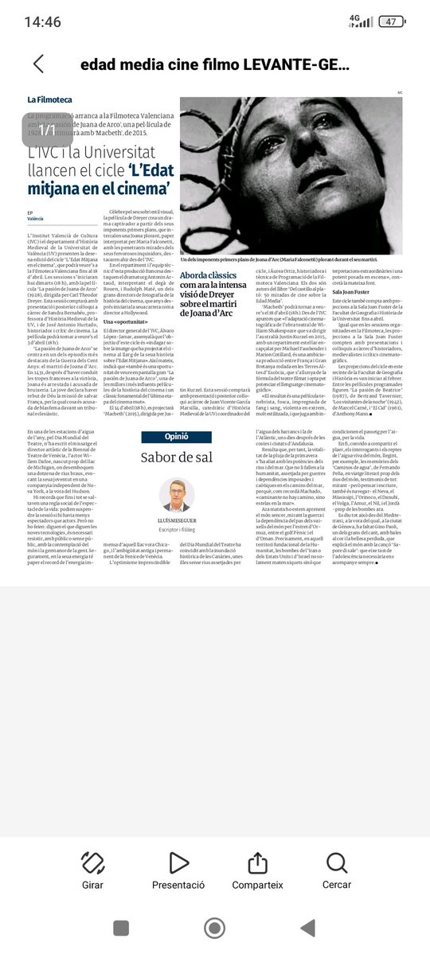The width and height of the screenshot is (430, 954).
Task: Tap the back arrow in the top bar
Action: pyautogui.click(x=38, y=64)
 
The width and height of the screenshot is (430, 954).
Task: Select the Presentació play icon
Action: pyautogui.click(x=178, y=862)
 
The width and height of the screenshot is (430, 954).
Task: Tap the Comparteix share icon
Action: pyautogui.click(x=257, y=862)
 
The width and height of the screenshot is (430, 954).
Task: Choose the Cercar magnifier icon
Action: pyautogui.click(x=337, y=862)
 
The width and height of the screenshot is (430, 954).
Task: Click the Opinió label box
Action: pyautogui.click(x=176, y=437)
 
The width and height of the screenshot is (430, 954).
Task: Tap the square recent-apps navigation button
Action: pyautogui.click(x=121, y=928)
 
